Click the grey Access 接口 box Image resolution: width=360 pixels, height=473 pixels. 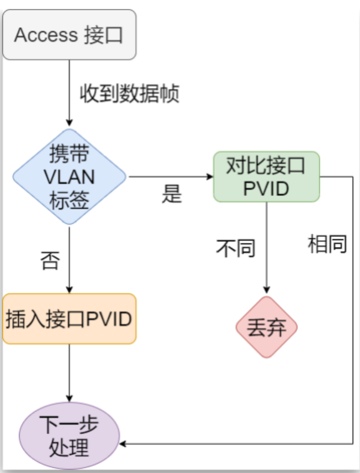(69, 34)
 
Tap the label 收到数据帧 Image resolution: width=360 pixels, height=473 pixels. (129, 93)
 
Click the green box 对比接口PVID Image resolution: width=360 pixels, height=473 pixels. (266, 177)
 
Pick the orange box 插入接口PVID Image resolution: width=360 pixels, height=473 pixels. (69, 319)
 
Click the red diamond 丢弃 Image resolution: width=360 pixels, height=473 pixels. (267, 328)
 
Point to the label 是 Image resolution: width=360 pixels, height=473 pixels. (172, 194)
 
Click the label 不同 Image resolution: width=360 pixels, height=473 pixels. (236, 248)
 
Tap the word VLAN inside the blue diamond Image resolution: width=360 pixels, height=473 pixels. (69, 177)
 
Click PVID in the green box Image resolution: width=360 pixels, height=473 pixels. (266, 189)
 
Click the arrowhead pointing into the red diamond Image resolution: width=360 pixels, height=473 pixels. (267, 291)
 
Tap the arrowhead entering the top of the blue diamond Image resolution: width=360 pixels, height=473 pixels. (69, 123)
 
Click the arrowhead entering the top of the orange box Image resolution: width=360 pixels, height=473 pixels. (69, 289)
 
